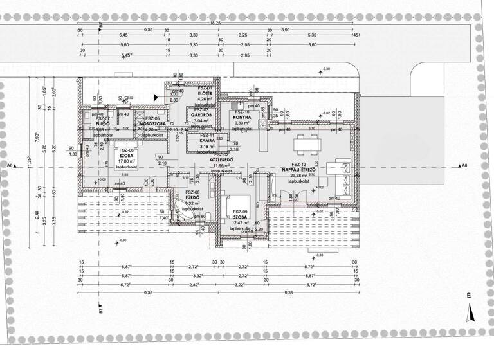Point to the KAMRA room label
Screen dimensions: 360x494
coord(207,141)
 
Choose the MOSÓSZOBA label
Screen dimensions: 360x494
coord(154,123)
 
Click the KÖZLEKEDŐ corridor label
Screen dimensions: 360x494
coord(222,160)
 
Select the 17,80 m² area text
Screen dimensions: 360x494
coord(126,161)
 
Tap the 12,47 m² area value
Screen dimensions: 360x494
coord(241,222)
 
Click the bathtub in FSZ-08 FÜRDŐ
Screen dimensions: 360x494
coord(177,211)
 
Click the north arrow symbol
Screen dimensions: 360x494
coord(469,312)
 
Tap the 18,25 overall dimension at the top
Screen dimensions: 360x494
coord(215,23)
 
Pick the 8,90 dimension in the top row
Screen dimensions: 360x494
coord(286,30)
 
